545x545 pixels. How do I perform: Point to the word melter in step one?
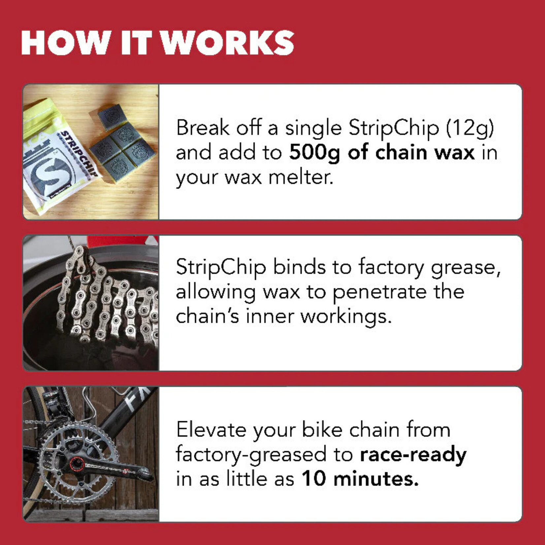pos(300,177)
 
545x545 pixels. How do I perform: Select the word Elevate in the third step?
pos(211,430)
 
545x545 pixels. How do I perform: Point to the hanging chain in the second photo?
pos(106,297)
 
